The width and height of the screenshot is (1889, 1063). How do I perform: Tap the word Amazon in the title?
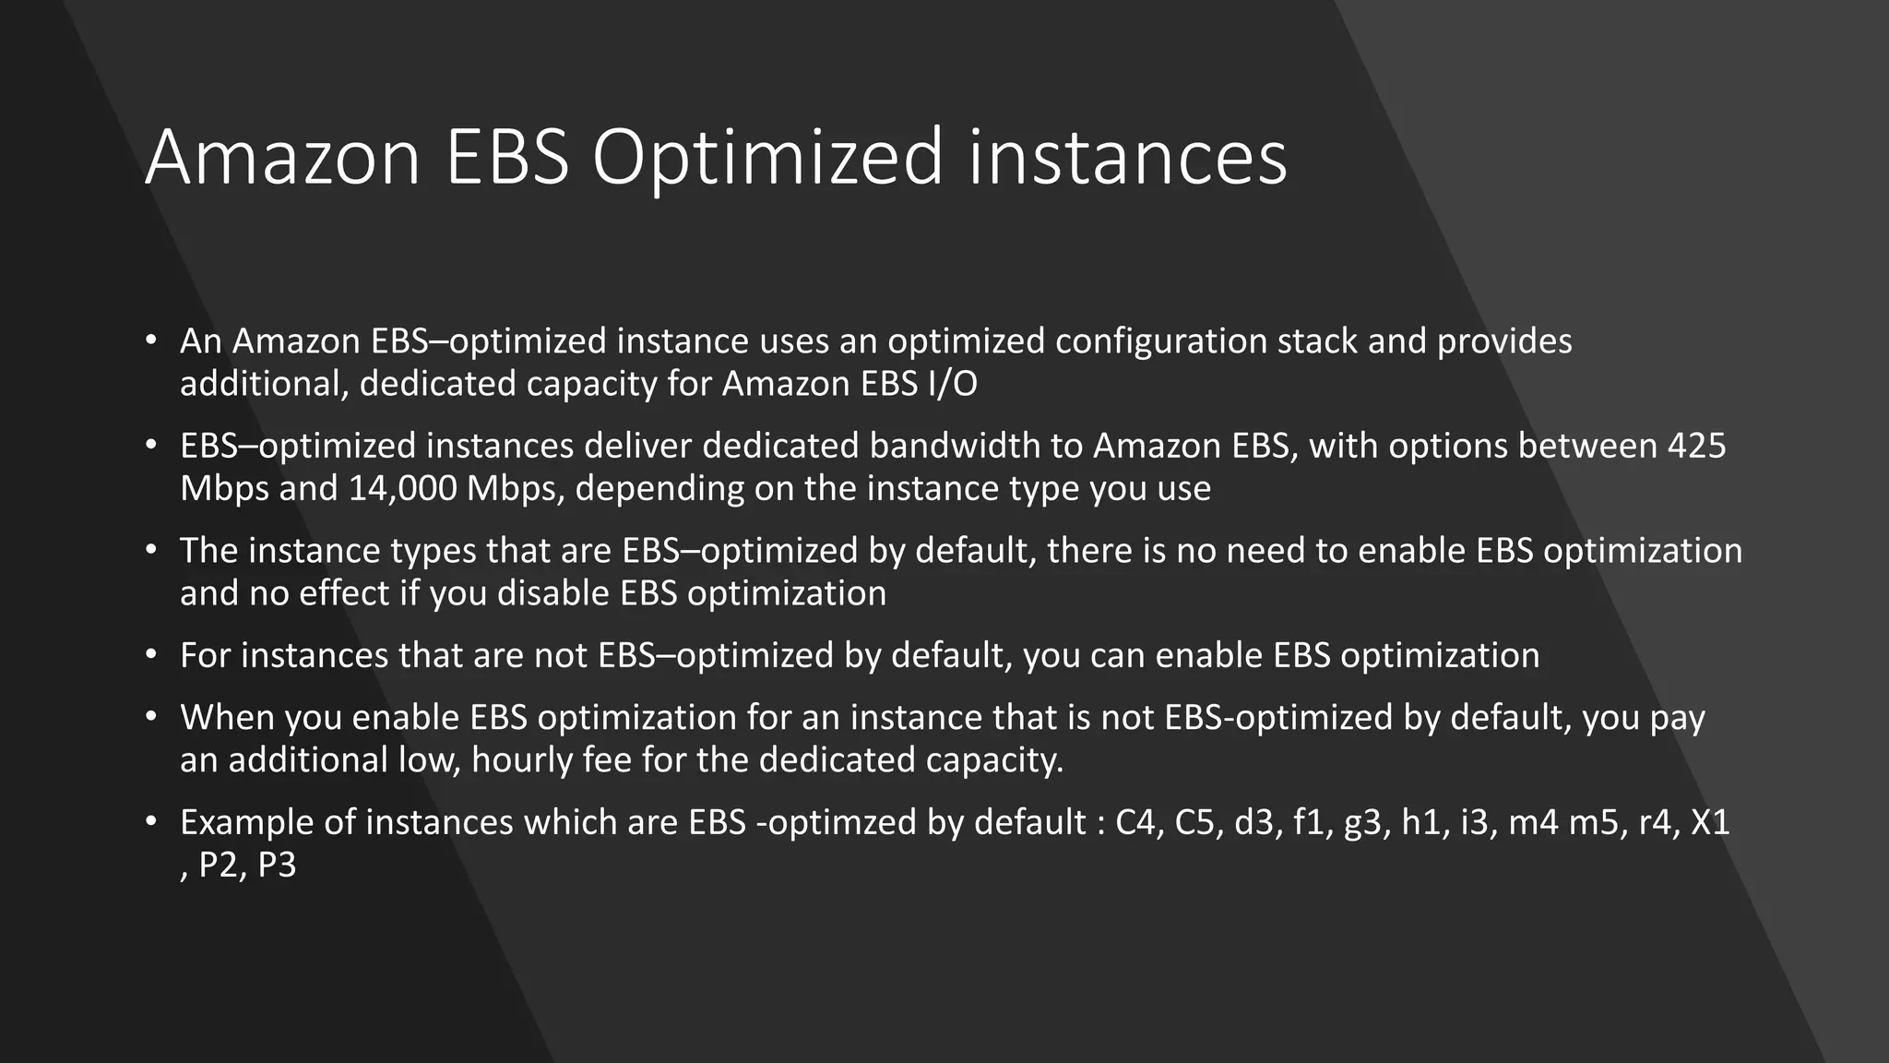[x=282, y=159]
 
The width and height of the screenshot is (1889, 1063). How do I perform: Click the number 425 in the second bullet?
[x=1696, y=447]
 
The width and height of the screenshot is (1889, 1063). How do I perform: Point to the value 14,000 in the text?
[x=402, y=489]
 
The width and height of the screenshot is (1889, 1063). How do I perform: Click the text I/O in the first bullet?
[x=947, y=384]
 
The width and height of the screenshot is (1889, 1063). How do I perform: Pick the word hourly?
[x=522, y=760]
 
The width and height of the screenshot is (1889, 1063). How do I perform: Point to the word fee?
[x=607, y=760]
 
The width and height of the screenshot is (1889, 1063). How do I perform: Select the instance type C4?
[x=1135, y=822]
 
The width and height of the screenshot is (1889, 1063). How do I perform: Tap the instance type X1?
[x=1709, y=822]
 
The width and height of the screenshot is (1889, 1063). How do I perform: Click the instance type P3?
[x=277, y=866]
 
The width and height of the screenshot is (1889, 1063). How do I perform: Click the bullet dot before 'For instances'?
[x=151, y=655]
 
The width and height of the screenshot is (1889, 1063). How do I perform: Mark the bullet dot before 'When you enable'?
[x=151, y=717]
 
